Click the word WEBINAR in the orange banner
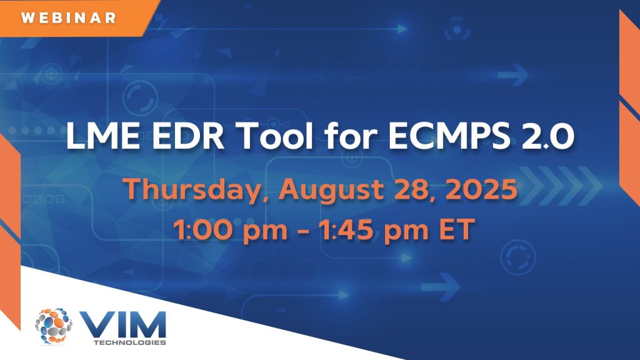pyautogui.click(x=69, y=18)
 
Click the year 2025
pyautogui.click(x=481, y=189)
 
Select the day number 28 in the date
pyautogui.click(x=411, y=189)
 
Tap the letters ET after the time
pyautogui.click(x=457, y=229)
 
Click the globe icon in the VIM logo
pyautogui.click(x=54, y=326)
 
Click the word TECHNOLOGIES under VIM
pyautogui.click(x=130, y=342)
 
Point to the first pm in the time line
pyautogui.click(x=265, y=231)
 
